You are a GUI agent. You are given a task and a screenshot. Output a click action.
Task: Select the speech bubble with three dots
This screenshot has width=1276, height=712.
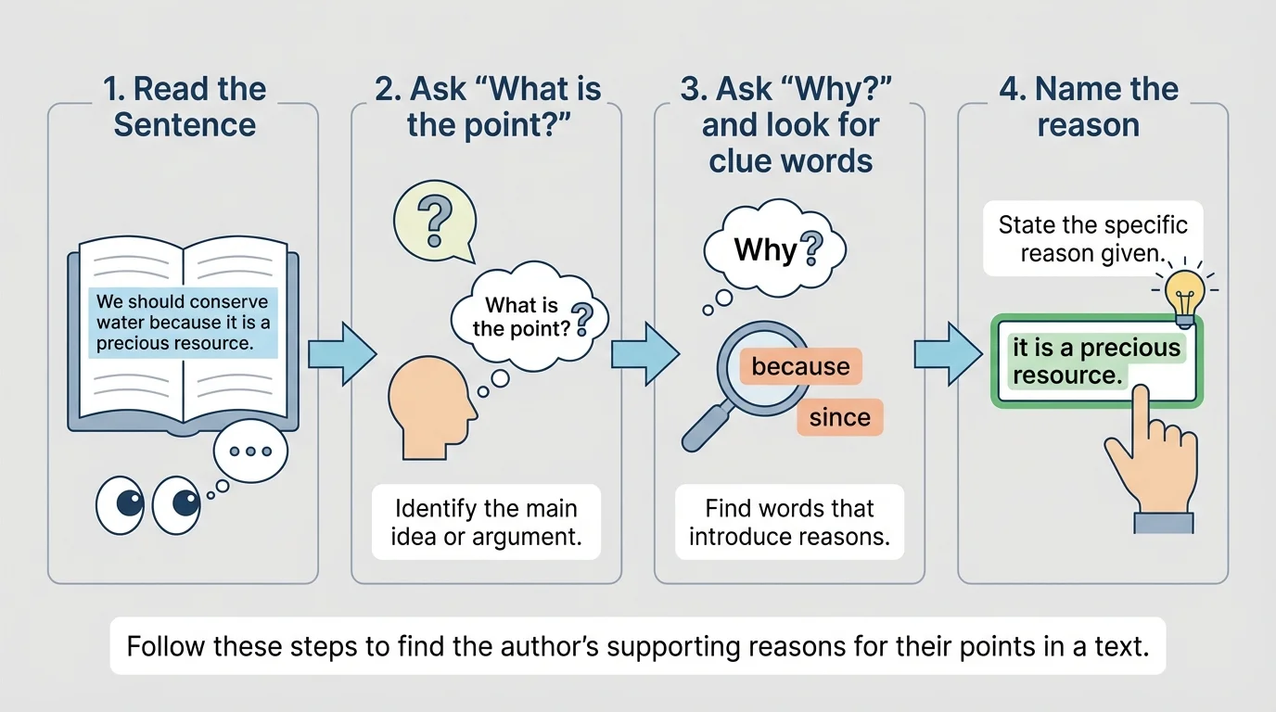250,451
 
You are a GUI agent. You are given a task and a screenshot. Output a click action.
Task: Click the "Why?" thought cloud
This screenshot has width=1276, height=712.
774,249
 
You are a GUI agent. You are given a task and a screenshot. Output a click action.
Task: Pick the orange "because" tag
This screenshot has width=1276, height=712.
800,366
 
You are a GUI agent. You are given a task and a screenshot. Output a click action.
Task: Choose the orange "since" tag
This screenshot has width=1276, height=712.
839,417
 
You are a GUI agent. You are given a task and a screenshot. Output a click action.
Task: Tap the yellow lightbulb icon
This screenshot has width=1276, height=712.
1183,295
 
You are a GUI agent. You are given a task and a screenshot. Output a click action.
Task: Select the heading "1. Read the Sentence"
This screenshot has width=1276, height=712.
185,107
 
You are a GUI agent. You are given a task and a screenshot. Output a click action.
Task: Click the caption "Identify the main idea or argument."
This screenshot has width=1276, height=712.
486,523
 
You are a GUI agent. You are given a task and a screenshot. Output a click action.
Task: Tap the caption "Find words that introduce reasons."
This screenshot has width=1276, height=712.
789,523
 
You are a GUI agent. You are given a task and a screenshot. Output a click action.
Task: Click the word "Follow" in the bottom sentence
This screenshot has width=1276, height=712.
166,645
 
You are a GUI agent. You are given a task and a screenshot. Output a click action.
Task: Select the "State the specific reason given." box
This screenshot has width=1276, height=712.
1092,238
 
